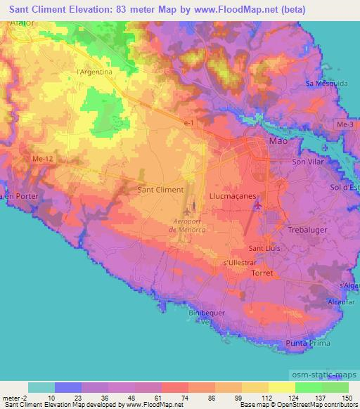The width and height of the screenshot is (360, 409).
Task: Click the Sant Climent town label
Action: (x=160, y=190)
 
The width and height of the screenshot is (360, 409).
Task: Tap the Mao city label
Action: (x=278, y=141)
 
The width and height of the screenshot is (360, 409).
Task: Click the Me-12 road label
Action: (x=44, y=160)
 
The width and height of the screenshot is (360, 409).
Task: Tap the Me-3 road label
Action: (x=345, y=125)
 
